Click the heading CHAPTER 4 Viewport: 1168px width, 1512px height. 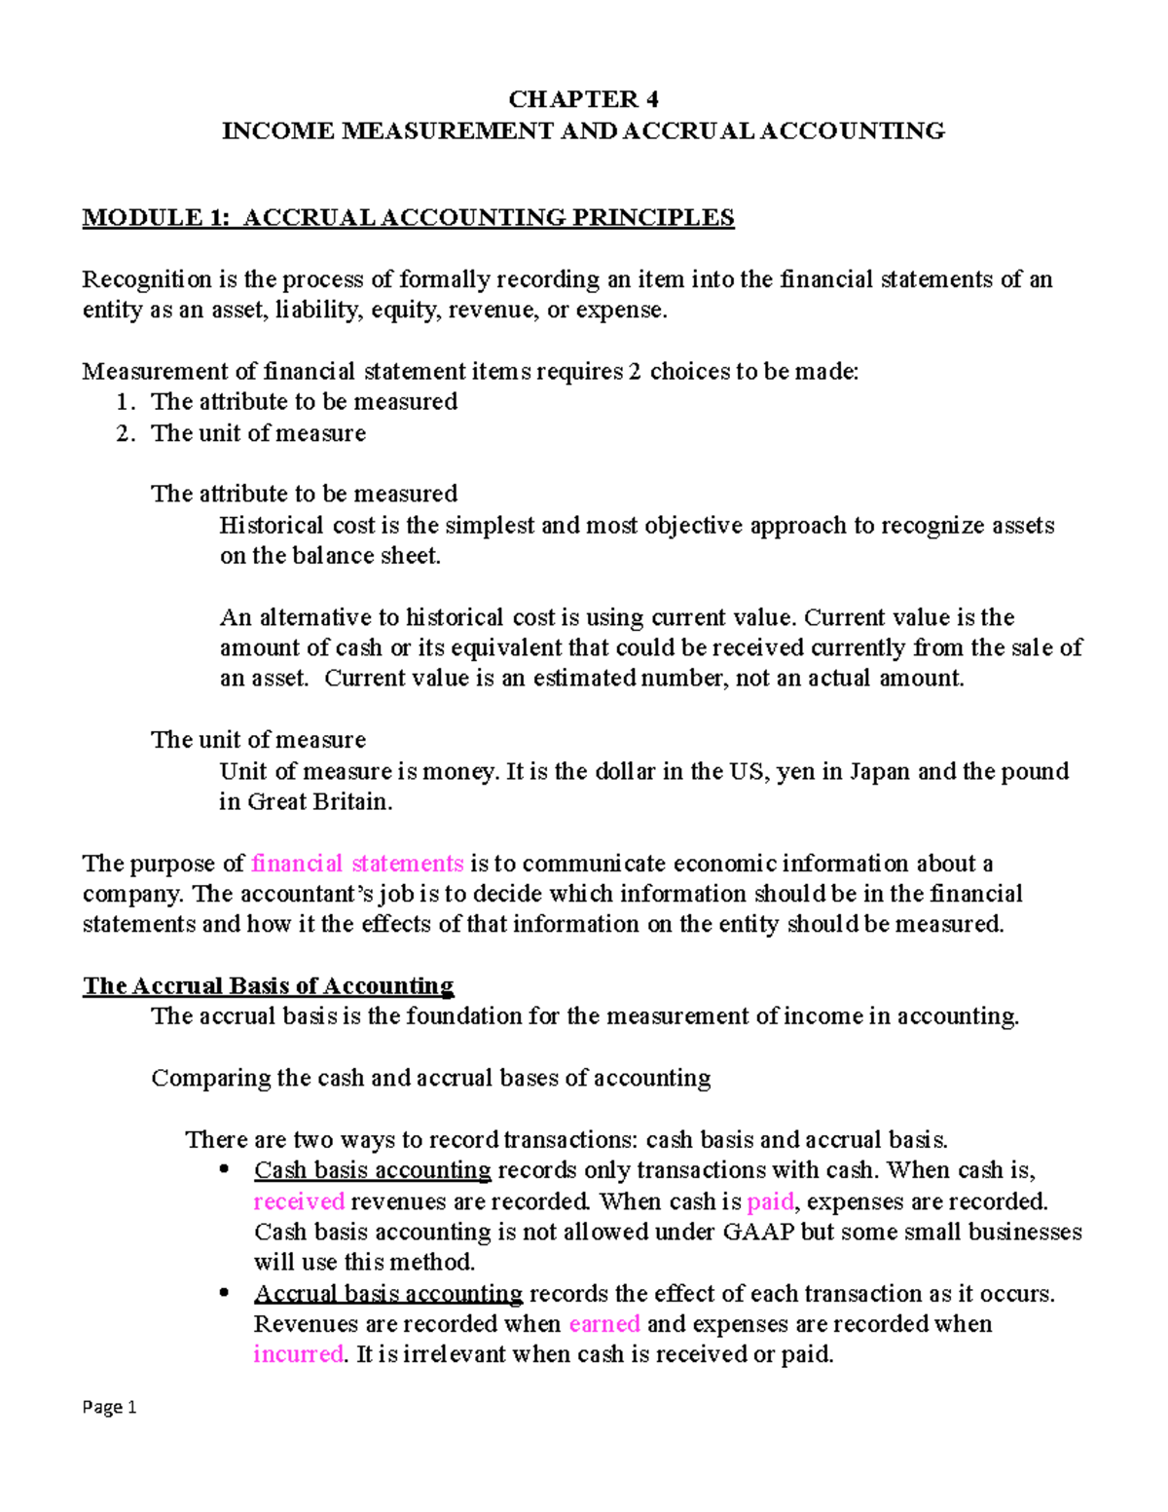(x=583, y=99)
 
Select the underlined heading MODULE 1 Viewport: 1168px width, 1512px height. (x=408, y=217)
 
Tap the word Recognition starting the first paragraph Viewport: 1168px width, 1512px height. (x=147, y=279)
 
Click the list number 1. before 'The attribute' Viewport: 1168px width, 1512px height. (x=126, y=402)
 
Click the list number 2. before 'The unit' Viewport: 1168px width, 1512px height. (x=126, y=433)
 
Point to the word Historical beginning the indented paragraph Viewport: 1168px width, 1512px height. (x=273, y=526)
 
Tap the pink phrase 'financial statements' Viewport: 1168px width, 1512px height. (x=357, y=864)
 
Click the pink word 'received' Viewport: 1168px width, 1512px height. (x=299, y=1201)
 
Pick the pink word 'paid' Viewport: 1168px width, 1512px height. (x=770, y=1201)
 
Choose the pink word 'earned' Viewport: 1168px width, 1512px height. (x=604, y=1324)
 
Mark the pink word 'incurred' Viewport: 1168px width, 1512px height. (x=298, y=1354)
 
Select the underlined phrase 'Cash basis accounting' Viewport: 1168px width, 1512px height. (x=373, y=1170)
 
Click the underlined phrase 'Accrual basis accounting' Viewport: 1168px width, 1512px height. (x=388, y=1294)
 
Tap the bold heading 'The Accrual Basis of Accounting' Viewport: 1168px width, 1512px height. (x=268, y=986)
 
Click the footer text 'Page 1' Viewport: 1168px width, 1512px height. (x=109, y=1407)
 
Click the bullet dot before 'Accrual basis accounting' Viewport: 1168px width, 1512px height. (x=225, y=1293)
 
